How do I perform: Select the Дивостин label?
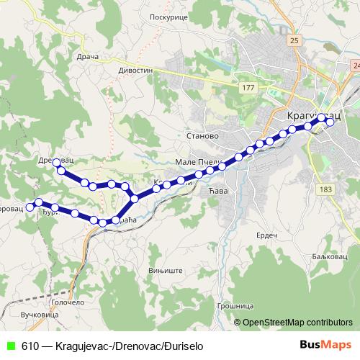136,71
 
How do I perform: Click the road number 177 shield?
249,87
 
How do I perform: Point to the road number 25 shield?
294,41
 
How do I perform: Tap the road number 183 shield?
325,189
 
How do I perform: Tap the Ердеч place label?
266,235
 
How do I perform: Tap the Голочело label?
67,303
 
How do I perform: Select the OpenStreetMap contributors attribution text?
297,322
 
